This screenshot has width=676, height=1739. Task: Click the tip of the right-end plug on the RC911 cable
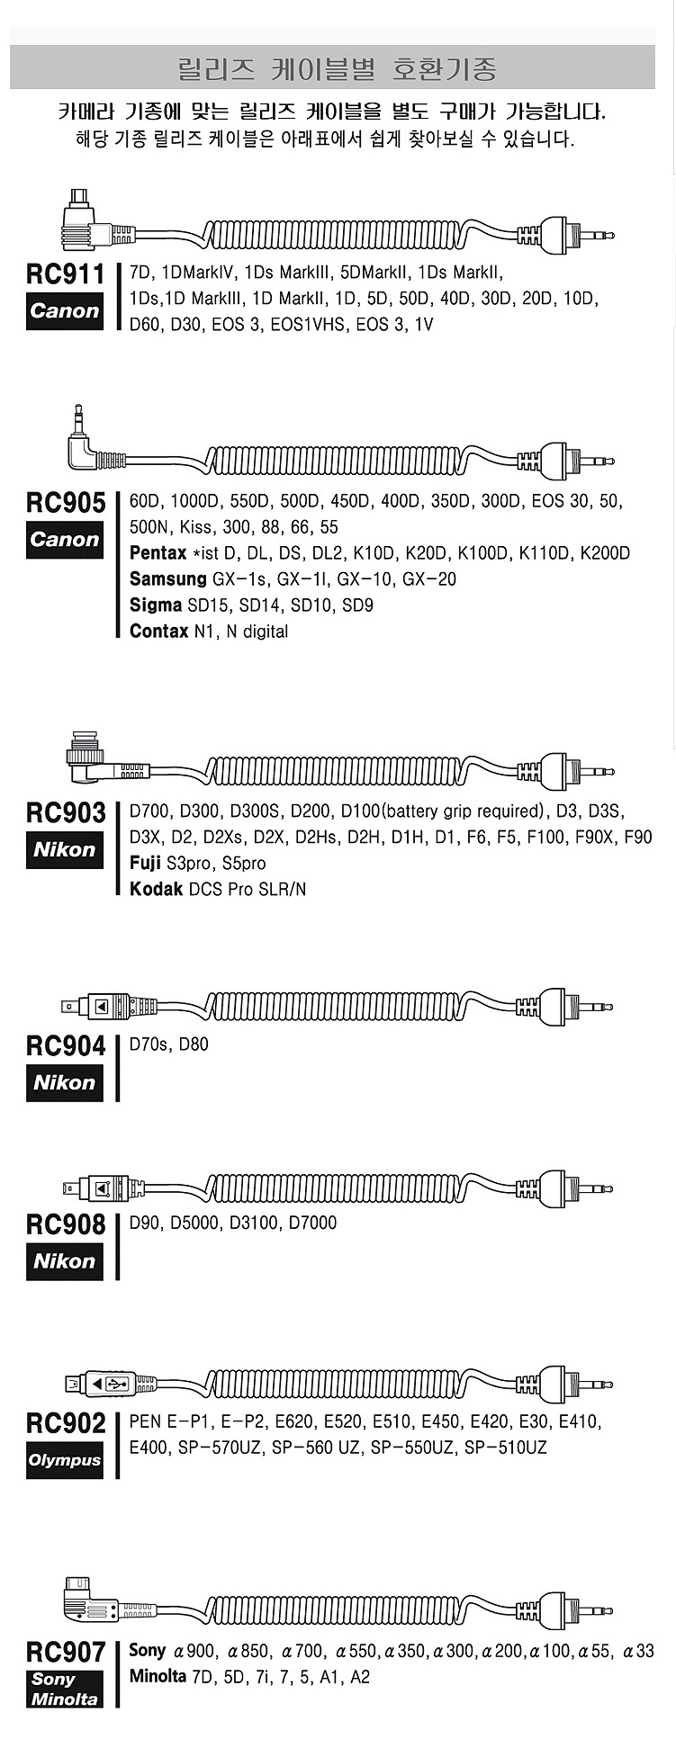614,235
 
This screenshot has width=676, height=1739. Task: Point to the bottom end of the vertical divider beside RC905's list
118,637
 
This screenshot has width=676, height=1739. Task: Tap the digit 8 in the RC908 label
96,1224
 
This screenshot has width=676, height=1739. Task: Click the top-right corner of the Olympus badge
104,1442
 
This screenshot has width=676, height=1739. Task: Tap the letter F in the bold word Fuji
134,863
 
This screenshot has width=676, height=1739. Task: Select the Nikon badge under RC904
64,1082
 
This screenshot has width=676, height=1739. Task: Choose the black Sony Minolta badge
64,1689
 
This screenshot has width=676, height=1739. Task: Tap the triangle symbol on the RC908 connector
101,1188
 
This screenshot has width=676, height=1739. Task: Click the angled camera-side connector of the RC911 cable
87,221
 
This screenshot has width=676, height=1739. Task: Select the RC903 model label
65,812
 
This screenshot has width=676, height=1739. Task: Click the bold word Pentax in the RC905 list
158,552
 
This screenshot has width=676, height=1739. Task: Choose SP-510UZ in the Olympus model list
505,1448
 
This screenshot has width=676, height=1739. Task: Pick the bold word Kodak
156,889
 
